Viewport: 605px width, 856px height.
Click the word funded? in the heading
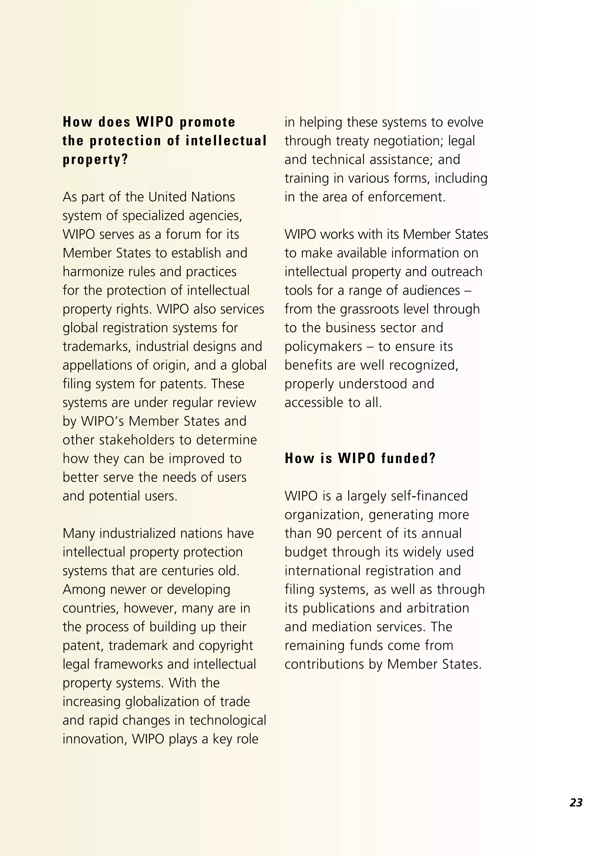click(x=408, y=458)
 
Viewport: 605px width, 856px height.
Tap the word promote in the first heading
click(x=207, y=122)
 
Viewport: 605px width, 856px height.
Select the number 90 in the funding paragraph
click(x=324, y=533)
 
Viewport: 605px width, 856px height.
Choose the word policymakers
click(x=323, y=347)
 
